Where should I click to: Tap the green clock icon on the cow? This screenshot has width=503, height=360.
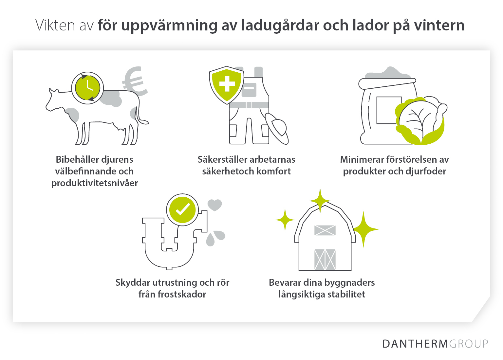pyautogui.click(x=87, y=88)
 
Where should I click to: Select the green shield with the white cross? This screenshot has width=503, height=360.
pyautogui.click(x=227, y=84)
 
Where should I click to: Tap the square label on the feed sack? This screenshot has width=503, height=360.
pyautogui.click(x=388, y=110)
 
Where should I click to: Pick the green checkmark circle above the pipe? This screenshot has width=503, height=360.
pyautogui.click(x=182, y=210)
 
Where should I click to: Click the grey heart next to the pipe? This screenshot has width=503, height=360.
pyautogui.click(x=215, y=205)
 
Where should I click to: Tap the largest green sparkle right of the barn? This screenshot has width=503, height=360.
pyautogui.click(x=364, y=229)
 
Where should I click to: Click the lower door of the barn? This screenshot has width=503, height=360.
pyautogui.click(x=325, y=260)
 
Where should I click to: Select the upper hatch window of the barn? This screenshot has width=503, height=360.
pyautogui.click(x=325, y=230)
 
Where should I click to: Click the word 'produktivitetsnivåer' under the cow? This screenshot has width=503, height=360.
pyautogui.click(x=95, y=183)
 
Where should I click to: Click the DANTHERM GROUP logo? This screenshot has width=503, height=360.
pyautogui.click(x=435, y=344)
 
